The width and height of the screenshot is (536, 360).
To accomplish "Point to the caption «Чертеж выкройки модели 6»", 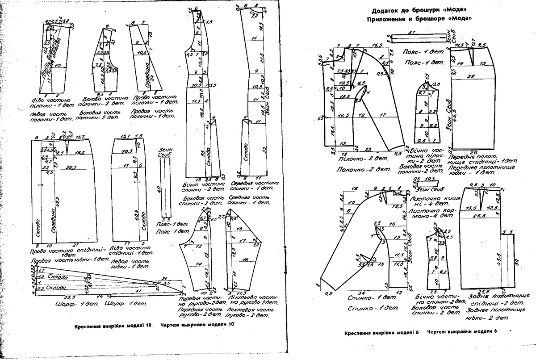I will coord(462,332).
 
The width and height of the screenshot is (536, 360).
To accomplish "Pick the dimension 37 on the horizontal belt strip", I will coord(413,32).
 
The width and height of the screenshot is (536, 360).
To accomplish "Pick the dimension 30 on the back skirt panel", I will coord(515,261).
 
